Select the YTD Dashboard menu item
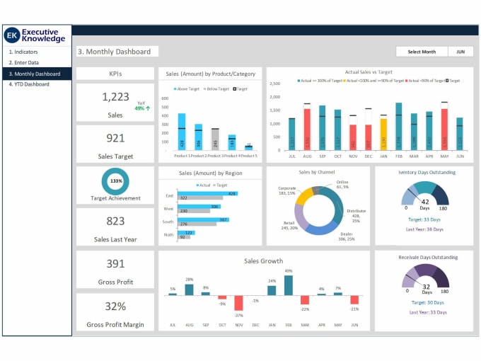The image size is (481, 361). click(x=29, y=84)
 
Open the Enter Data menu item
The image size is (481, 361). click(x=24, y=62)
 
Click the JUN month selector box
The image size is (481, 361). click(x=460, y=52)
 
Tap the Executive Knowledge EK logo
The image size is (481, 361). click(x=12, y=35)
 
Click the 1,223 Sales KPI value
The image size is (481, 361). click(x=115, y=97)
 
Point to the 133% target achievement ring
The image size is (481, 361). click(x=115, y=181)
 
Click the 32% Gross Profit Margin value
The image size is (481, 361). click(x=115, y=306)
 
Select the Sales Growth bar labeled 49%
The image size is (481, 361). click(x=288, y=285)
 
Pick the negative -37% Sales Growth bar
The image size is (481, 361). click(x=239, y=302)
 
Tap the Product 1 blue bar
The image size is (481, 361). click(x=182, y=131)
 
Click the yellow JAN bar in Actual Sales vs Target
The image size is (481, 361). click(x=383, y=134)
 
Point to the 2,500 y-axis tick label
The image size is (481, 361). click(x=275, y=84)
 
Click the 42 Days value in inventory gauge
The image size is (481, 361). click(x=425, y=204)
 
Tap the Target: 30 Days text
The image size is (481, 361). click(x=424, y=302)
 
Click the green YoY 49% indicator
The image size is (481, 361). click(x=140, y=108)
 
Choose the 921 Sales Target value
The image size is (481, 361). click(x=115, y=138)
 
